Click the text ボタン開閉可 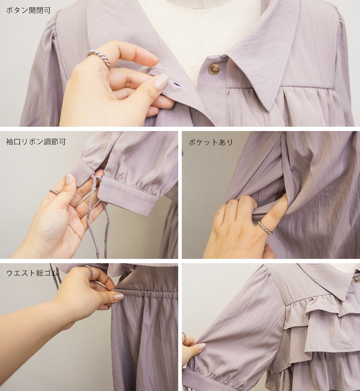coord(28,10)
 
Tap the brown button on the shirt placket coord(214,68)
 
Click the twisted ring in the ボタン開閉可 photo coord(99,58)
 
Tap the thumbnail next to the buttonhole coord(161,82)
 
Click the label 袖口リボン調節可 coord(36,141)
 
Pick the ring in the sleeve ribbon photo coord(54,192)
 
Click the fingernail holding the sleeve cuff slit coord(69,179)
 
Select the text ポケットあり coord(211,142)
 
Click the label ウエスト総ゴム coord(32,273)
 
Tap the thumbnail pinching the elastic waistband coord(119,297)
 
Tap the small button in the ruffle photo coord(355,280)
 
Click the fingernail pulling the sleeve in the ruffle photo coord(202,346)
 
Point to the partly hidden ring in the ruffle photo coord(184,337)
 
